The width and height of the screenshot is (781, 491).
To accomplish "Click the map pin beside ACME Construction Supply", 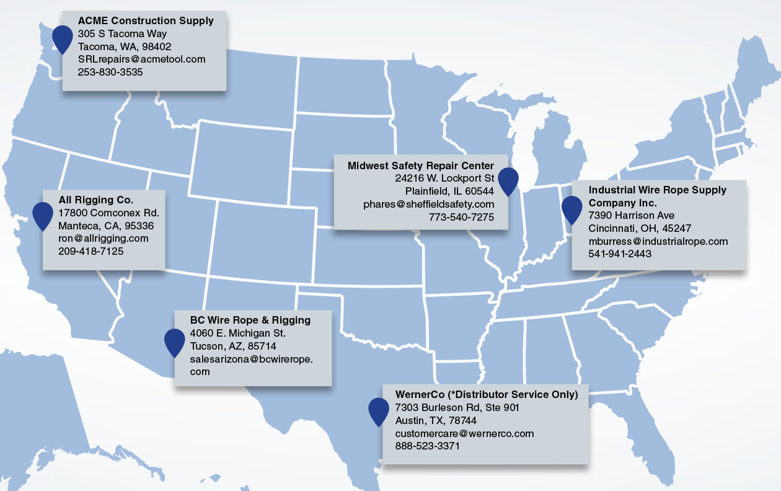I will click(62, 38).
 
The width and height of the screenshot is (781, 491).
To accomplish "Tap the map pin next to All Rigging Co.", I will click(43, 215).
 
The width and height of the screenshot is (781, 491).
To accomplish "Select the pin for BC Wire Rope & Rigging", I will click(175, 341).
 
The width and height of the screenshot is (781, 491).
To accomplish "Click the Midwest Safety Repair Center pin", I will click(508, 180).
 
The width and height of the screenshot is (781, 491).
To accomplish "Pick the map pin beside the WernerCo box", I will click(379, 410).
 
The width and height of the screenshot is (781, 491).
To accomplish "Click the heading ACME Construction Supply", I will click(146, 20).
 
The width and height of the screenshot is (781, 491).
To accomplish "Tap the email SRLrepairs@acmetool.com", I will click(141, 59).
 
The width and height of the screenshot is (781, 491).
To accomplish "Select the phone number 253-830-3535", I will click(110, 72).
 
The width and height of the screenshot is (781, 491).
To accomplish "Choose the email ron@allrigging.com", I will click(104, 238).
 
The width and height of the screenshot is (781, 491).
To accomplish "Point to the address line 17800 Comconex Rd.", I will click(109, 213).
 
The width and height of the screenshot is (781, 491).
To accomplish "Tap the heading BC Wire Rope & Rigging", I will click(250, 320).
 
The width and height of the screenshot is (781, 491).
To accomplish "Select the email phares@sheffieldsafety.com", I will click(428, 204).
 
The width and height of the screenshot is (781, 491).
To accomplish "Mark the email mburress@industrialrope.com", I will click(658, 241).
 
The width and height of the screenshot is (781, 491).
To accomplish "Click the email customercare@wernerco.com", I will click(464, 433).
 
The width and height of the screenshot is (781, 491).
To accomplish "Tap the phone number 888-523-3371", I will click(428, 446).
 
